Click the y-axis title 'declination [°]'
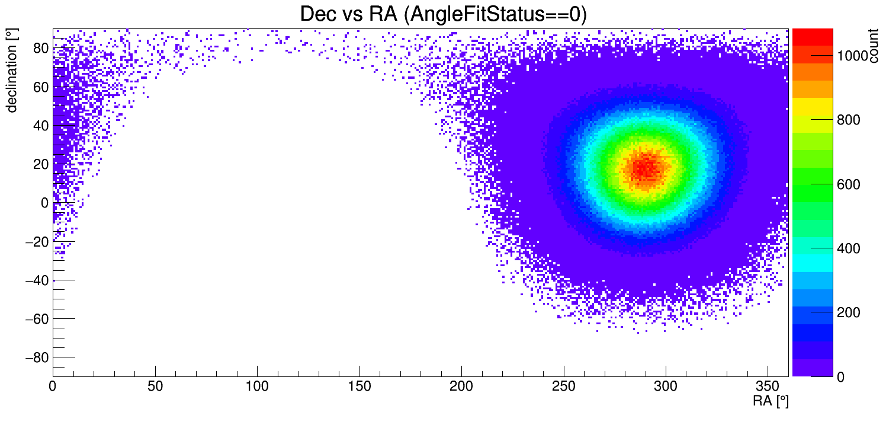(12, 73)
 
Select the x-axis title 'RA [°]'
(771, 401)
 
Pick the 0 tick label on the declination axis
(44, 203)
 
